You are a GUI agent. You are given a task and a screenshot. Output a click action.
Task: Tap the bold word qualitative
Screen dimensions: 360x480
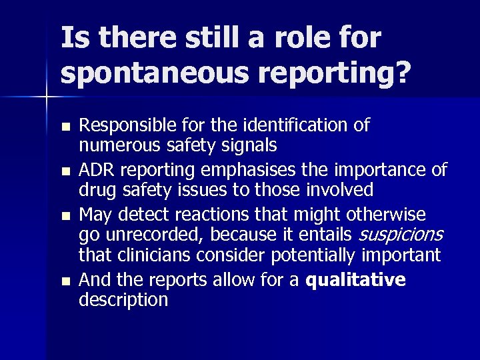point(355,280)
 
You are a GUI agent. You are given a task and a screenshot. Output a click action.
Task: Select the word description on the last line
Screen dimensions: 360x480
point(123,300)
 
